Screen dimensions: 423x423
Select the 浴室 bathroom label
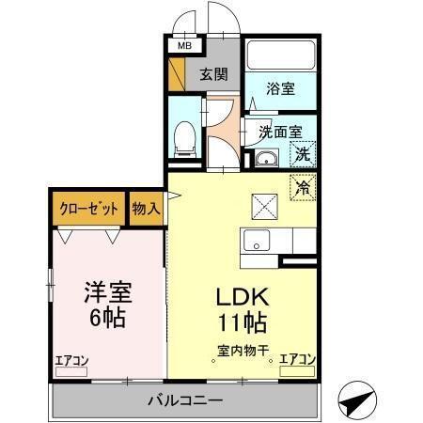click(x=280, y=88)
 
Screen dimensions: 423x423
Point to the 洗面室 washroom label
click(x=280, y=133)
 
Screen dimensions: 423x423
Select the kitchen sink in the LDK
click(x=257, y=241)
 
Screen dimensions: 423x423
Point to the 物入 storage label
click(x=146, y=209)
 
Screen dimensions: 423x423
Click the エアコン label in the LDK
click(x=297, y=359)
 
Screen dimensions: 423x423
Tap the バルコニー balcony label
click(x=185, y=400)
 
